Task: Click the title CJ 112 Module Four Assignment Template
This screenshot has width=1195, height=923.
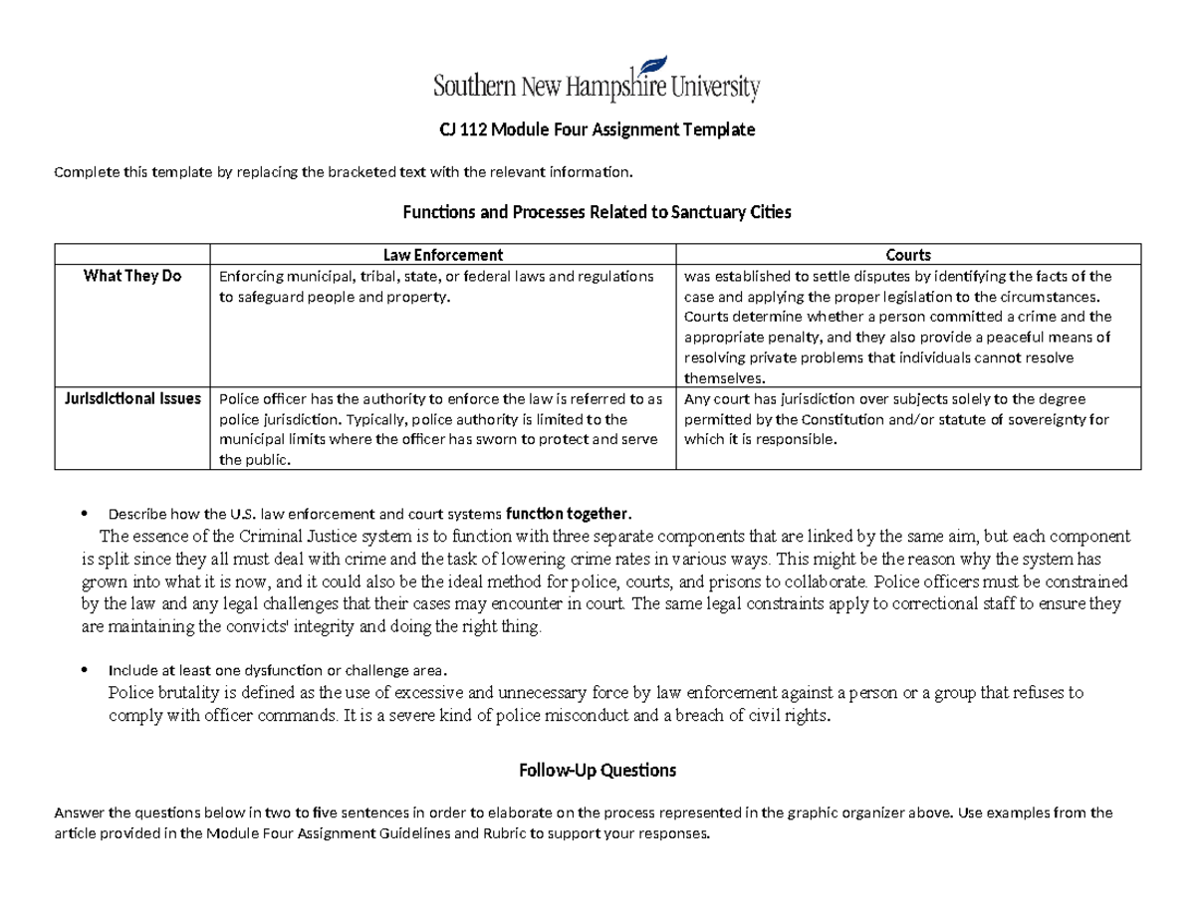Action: coord(597,130)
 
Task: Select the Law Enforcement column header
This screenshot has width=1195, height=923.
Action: coord(444,255)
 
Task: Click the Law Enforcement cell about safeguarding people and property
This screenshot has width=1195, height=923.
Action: coord(436,287)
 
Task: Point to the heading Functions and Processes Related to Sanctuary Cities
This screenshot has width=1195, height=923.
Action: coord(597,212)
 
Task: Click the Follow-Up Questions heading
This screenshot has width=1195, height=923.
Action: coord(597,770)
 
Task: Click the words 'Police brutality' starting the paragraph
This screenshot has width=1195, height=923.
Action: coord(155,693)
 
